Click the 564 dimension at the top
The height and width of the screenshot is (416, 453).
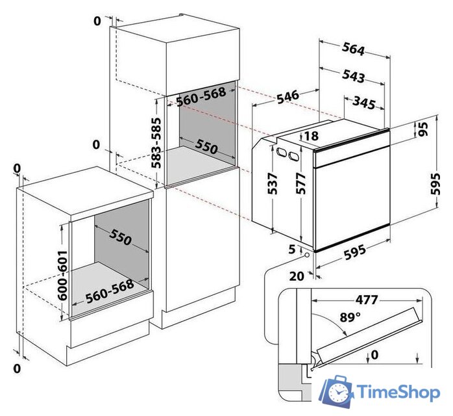pos(353,50)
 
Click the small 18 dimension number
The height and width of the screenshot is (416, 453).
pos(311,136)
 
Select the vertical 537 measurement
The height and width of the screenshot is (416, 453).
pos(273,185)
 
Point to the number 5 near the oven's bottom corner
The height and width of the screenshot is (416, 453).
pos(292,249)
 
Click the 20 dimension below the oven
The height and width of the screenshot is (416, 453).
pos(297,276)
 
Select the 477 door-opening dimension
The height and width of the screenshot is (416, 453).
pos(367,300)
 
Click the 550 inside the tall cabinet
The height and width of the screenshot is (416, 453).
pos(206,147)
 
